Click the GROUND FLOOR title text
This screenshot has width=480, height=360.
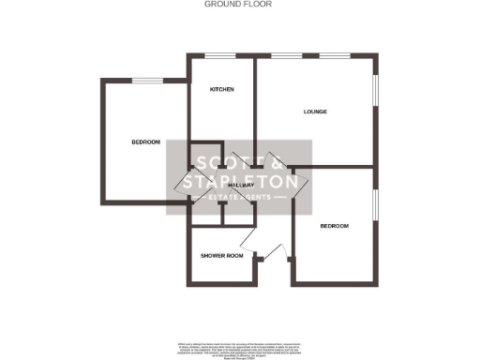(x=239, y=5)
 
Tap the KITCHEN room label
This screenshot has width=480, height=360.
(x=221, y=89)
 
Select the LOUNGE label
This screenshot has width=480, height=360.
(x=314, y=112)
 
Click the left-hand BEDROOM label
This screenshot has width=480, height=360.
(x=145, y=142)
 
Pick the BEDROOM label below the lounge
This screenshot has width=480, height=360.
(x=335, y=226)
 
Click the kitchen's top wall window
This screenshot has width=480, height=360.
(x=221, y=55)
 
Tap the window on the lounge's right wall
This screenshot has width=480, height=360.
(x=378, y=99)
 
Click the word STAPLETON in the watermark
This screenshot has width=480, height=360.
(x=240, y=181)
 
